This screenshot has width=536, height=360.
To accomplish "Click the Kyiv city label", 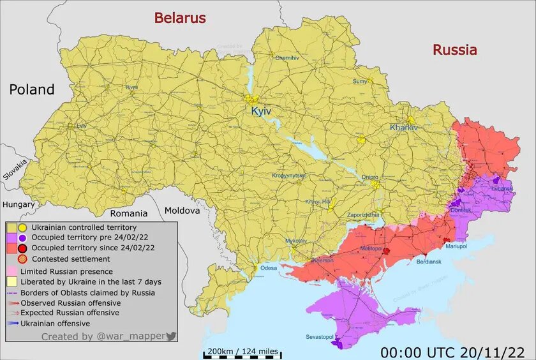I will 261,111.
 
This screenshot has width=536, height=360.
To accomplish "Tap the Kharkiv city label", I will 403,128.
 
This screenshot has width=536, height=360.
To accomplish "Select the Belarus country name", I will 180,18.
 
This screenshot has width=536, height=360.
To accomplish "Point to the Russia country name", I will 454,50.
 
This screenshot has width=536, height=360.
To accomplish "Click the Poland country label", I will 32,89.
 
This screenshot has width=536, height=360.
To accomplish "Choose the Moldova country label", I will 182,210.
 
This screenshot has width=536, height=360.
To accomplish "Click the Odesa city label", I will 269,267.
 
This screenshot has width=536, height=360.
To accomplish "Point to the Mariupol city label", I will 456,246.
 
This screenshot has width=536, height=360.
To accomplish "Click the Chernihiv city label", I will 287,57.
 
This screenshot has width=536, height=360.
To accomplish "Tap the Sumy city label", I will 360,81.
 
